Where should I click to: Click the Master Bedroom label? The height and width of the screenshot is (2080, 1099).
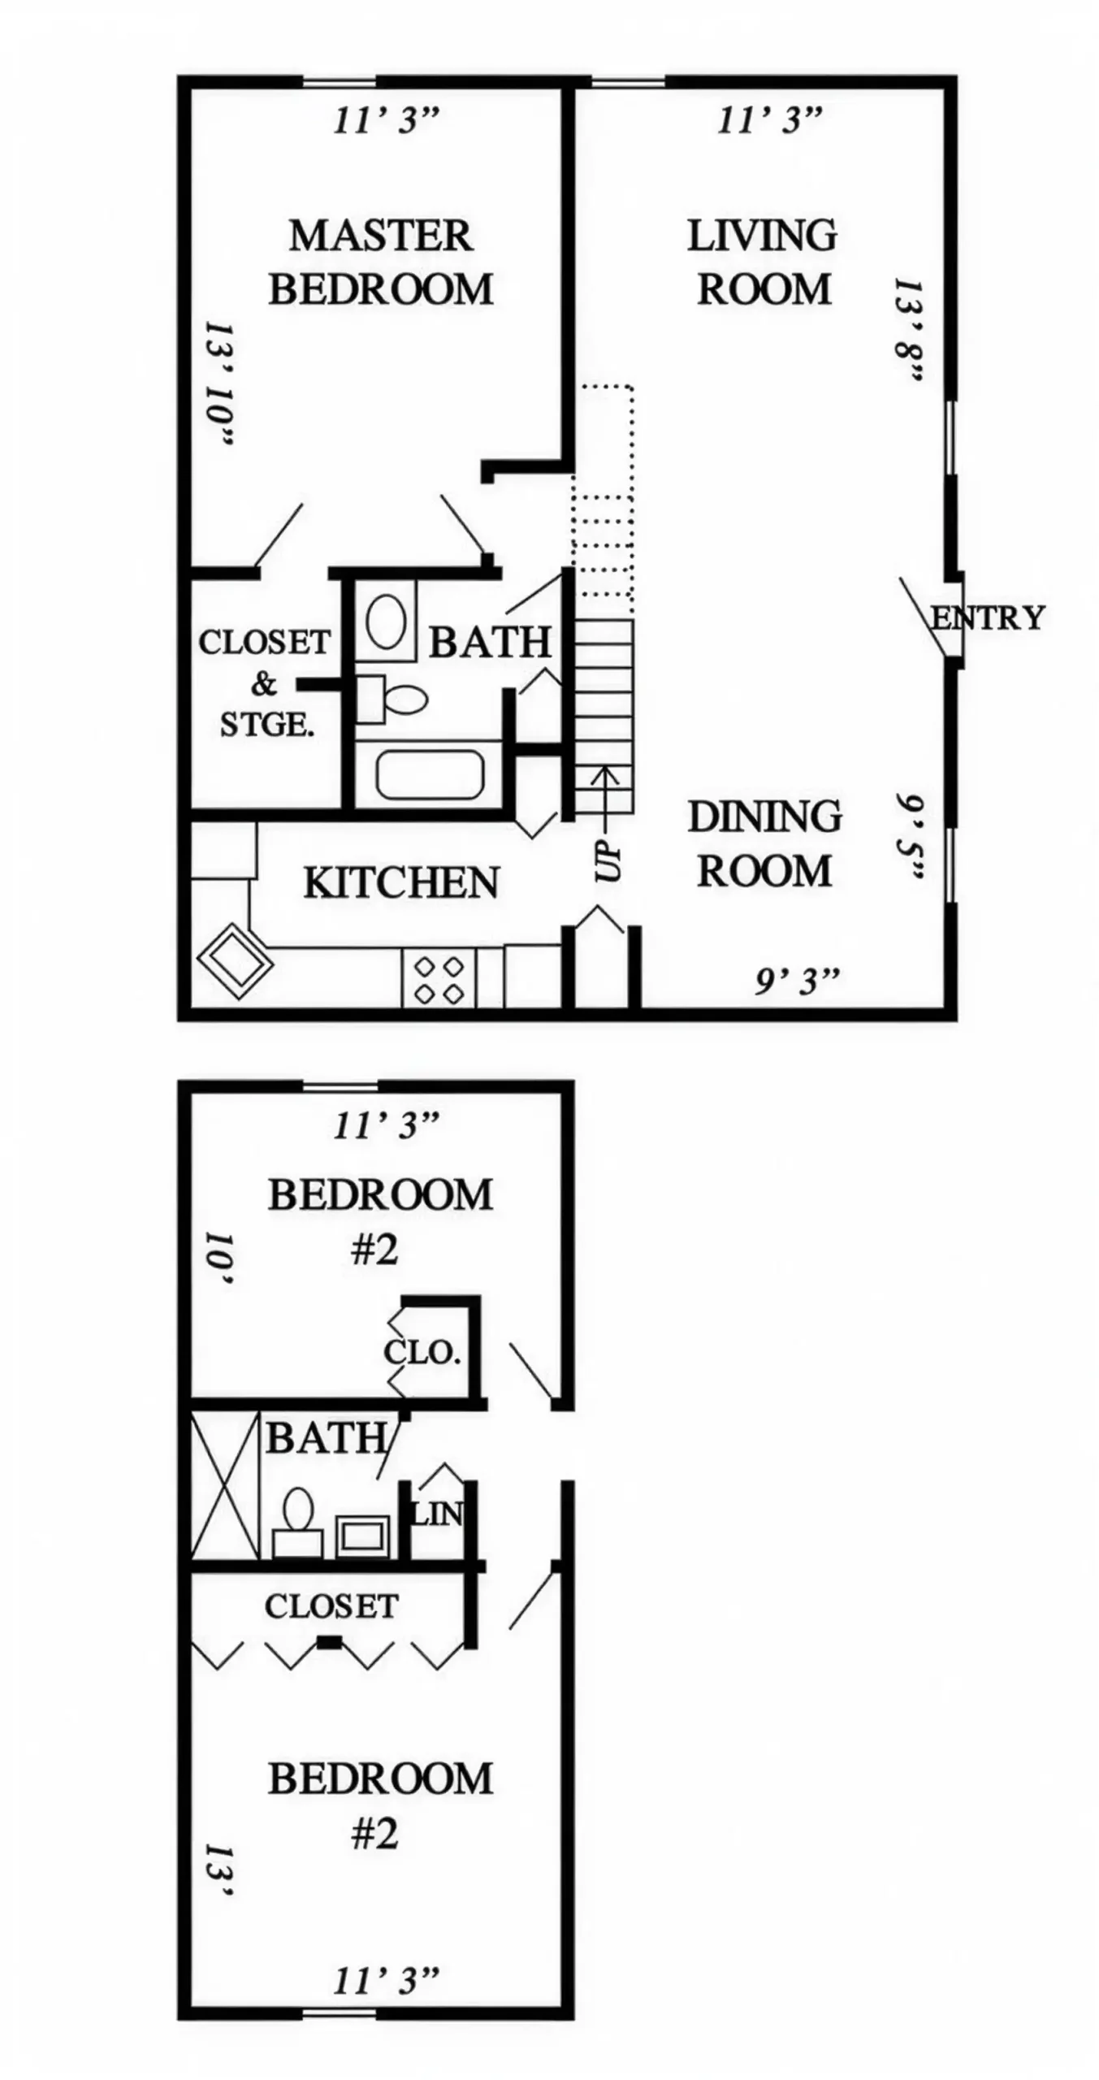[380, 262]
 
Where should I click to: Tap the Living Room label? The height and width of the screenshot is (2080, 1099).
[763, 262]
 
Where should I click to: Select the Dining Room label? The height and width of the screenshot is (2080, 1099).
[764, 843]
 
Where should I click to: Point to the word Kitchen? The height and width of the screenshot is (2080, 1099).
[401, 883]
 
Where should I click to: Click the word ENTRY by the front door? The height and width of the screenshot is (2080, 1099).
[988, 618]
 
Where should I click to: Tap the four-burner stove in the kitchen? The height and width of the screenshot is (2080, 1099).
[439, 979]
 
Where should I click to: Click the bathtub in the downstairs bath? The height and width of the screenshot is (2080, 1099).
[430, 774]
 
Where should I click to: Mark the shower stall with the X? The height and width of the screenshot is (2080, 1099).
[225, 1485]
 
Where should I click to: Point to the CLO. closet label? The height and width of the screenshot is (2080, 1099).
[422, 1353]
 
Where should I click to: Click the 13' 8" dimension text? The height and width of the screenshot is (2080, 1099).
[907, 331]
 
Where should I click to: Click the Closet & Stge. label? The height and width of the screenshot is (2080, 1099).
[265, 682]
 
